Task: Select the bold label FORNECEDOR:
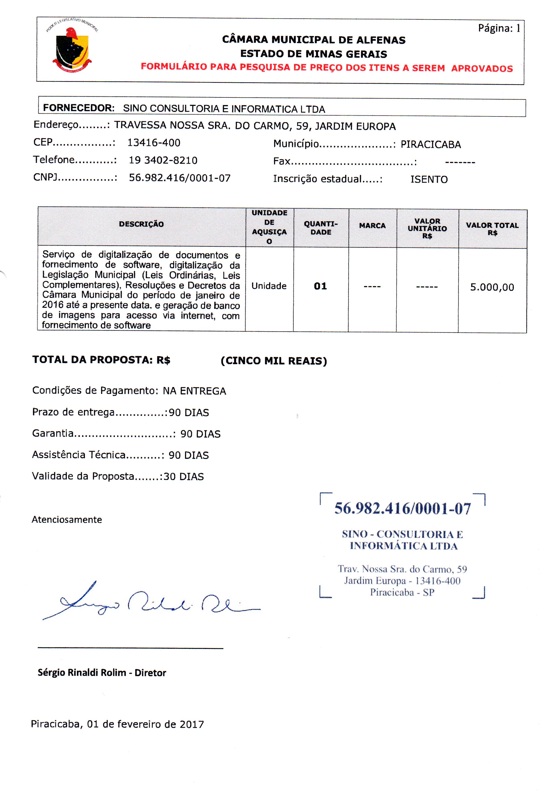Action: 79,108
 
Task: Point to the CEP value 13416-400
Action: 154,143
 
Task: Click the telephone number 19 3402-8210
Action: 163,160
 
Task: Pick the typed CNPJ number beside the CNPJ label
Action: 180,178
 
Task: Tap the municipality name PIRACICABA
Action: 431,145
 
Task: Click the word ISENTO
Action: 429,179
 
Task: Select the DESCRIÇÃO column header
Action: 141,224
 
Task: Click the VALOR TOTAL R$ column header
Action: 492,229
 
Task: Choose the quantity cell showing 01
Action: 320,286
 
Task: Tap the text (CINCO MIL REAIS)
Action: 274,361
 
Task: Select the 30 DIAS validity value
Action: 184,477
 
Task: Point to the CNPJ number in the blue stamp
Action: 402,509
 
